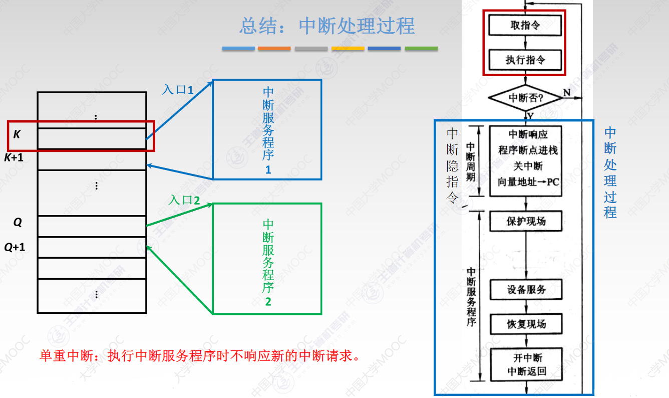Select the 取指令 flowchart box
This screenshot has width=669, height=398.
pyautogui.click(x=525, y=25)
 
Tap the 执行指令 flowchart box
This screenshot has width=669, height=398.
pyautogui.click(x=525, y=60)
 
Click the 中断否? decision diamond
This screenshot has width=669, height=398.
pyautogui.click(x=525, y=98)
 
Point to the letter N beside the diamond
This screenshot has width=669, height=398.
pyautogui.click(x=566, y=92)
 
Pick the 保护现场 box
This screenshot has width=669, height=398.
pyautogui.click(x=525, y=221)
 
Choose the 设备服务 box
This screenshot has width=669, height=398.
pyautogui.click(x=526, y=290)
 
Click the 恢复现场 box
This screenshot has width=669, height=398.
pyautogui.click(x=526, y=324)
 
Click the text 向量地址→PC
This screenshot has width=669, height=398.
pyautogui.click(x=528, y=182)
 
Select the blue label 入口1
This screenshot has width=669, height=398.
pyautogui.click(x=177, y=90)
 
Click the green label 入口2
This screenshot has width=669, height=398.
pyautogui.click(x=184, y=200)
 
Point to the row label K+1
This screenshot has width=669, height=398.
pyautogui.click(x=14, y=158)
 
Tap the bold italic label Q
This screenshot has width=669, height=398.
pyautogui.click(x=18, y=222)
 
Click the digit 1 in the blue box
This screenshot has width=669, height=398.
pyautogui.click(x=268, y=169)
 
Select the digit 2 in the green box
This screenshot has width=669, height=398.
pyautogui.click(x=268, y=302)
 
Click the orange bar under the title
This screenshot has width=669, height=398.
pyautogui.click(x=274, y=49)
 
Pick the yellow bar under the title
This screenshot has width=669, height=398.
pyautogui.click(x=348, y=49)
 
